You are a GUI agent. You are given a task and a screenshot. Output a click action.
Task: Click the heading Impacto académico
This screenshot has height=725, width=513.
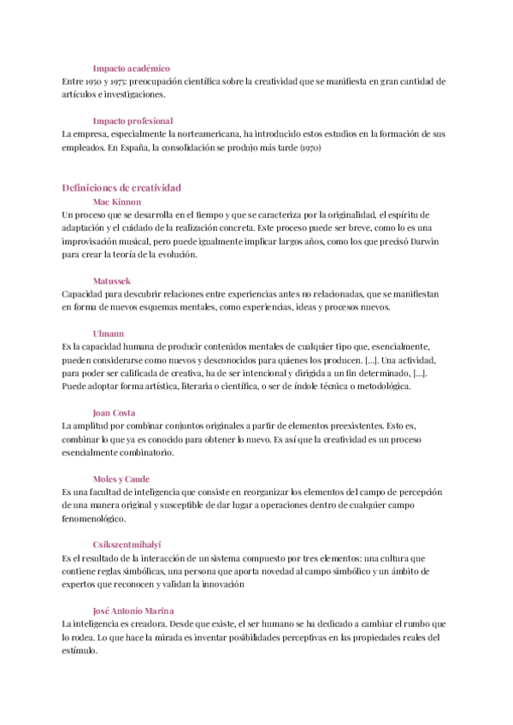[x=131, y=68]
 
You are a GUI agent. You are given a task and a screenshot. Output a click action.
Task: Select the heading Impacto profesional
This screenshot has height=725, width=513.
[x=133, y=121]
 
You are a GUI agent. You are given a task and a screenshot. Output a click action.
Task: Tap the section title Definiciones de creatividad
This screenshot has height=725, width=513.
[x=121, y=187]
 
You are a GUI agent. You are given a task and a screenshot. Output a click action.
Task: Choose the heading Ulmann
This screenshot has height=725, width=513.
[x=109, y=333]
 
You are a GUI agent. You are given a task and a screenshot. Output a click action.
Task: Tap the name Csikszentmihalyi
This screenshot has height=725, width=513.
[x=127, y=545]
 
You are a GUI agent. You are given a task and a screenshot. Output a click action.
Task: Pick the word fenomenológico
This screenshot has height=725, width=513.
[x=93, y=518]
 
